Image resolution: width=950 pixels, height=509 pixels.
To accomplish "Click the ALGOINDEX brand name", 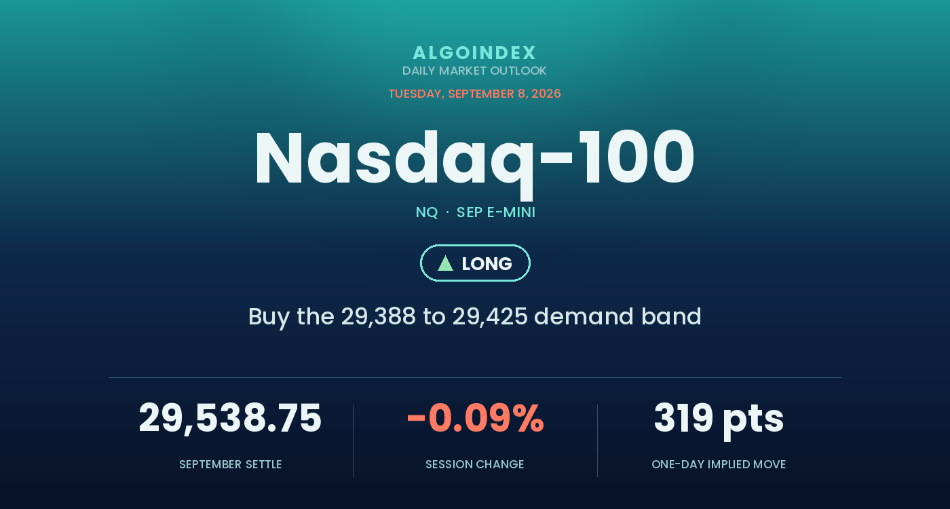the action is click(x=474, y=53).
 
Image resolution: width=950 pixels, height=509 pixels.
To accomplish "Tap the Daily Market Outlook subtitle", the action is click(x=474, y=71).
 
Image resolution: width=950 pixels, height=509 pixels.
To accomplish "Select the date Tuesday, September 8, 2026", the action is click(x=474, y=94).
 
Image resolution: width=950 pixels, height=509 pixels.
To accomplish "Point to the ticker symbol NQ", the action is click(x=427, y=212).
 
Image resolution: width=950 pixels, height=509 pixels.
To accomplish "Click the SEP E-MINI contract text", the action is click(x=496, y=212).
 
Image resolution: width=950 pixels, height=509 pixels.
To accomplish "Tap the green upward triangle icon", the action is click(x=445, y=263).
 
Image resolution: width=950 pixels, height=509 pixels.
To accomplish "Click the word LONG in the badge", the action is click(x=487, y=264).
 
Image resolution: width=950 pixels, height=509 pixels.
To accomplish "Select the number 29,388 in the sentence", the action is click(x=379, y=317).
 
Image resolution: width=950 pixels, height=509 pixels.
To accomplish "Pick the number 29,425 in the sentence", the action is click(x=490, y=317).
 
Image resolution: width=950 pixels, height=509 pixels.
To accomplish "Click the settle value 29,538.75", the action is click(x=230, y=419).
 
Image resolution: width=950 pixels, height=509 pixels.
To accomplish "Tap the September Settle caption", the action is click(x=230, y=464).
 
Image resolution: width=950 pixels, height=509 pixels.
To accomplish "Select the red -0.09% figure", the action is click(x=476, y=418).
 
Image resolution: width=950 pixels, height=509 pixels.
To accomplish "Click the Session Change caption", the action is click(x=474, y=464).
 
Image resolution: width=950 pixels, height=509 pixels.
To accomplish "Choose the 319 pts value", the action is click(x=719, y=420).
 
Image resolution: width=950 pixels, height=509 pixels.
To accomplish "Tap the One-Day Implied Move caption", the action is click(x=719, y=464).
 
